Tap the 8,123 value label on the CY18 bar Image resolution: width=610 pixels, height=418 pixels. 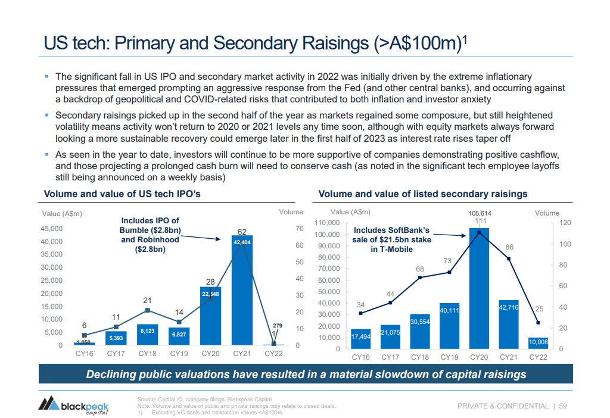[147, 330]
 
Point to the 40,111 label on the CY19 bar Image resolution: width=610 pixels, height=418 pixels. [449, 310]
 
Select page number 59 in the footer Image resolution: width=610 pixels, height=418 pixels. [563, 406]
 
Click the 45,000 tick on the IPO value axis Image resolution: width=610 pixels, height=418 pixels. [51, 229]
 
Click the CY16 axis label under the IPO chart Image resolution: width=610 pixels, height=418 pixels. [84, 354]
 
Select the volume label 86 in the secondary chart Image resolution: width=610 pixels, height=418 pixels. [509, 247]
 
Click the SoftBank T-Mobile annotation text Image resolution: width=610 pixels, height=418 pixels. [391, 239]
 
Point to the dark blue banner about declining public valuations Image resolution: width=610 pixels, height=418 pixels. [306, 375]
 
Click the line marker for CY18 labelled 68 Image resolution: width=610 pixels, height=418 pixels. [420, 277]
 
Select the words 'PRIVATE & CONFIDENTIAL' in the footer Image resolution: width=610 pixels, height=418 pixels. [503, 406]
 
